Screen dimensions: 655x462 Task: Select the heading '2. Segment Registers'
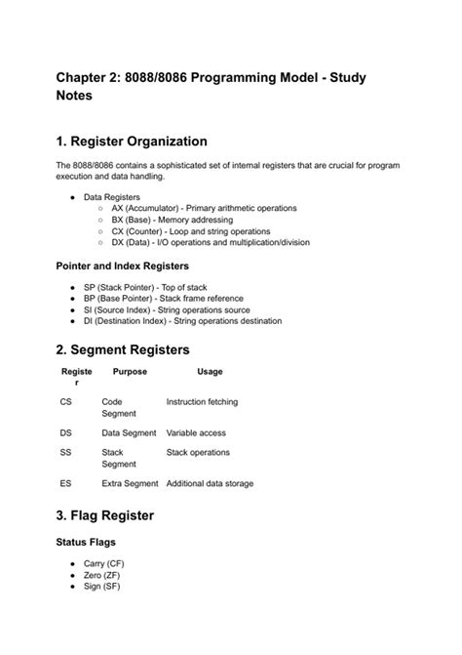pos(123,349)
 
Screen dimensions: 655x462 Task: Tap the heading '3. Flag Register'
pos(105,514)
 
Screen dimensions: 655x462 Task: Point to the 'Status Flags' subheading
pos(90,541)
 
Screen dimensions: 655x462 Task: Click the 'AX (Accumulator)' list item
pos(204,208)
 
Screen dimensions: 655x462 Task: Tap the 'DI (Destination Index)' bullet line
pos(182,321)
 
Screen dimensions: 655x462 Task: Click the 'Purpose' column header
pos(130,372)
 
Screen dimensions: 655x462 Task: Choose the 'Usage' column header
pos(210,372)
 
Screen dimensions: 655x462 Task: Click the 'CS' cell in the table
pos(65,401)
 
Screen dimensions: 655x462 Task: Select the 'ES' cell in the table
pos(65,483)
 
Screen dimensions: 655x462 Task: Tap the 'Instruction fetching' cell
pos(202,401)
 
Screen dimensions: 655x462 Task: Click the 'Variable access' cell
pos(196,432)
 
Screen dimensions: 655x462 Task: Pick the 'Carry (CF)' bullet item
pos(104,563)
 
